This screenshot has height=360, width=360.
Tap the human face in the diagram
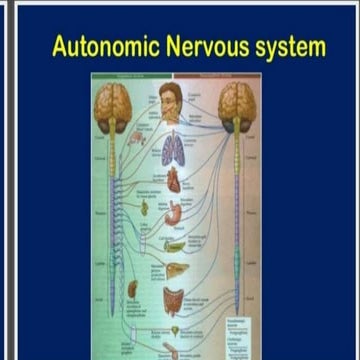coord(171,104)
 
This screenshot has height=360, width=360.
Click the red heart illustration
coord(173,180)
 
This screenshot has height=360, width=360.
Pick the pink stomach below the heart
coord(174,212)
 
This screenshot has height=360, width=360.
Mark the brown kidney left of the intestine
coord(132,290)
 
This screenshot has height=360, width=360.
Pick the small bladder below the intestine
coord(174,331)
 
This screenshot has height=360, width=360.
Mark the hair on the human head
coord(170,89)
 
